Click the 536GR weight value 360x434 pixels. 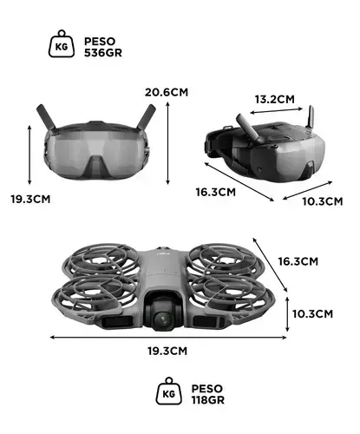point(103,53)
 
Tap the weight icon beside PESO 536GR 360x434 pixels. point(62,43)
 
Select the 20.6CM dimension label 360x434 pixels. point(167,92)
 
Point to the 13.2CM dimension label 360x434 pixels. point(275,99)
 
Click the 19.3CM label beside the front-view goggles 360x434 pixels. point(30,199)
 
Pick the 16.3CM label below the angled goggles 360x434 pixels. point(216,192)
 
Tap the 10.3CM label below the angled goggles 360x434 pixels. point(323,201)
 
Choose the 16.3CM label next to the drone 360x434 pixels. point(298,261)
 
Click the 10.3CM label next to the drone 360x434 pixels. point(312,314)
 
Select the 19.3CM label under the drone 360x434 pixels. point(167,351)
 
